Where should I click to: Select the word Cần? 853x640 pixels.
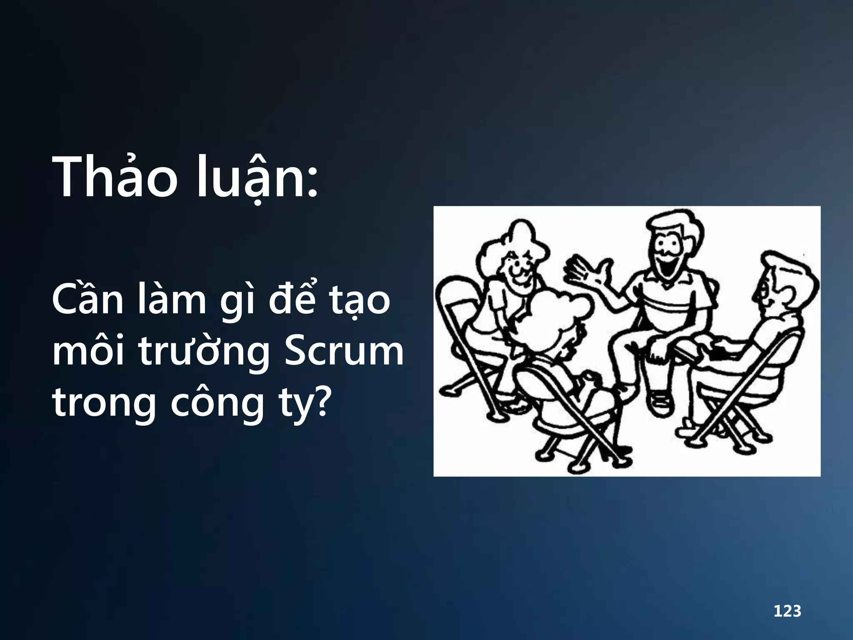(x=88, y=299)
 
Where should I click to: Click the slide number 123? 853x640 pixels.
(x=787, y=611)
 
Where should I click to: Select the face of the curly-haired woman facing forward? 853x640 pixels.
(x=516, y=267)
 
